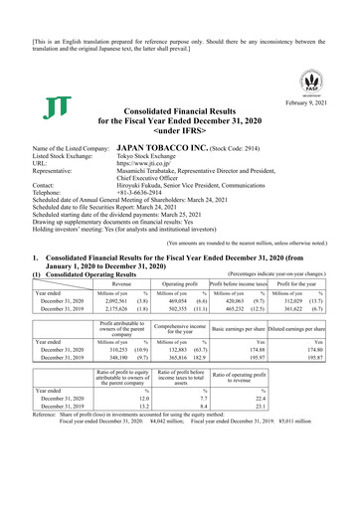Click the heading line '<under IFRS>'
tap(180, 129)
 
